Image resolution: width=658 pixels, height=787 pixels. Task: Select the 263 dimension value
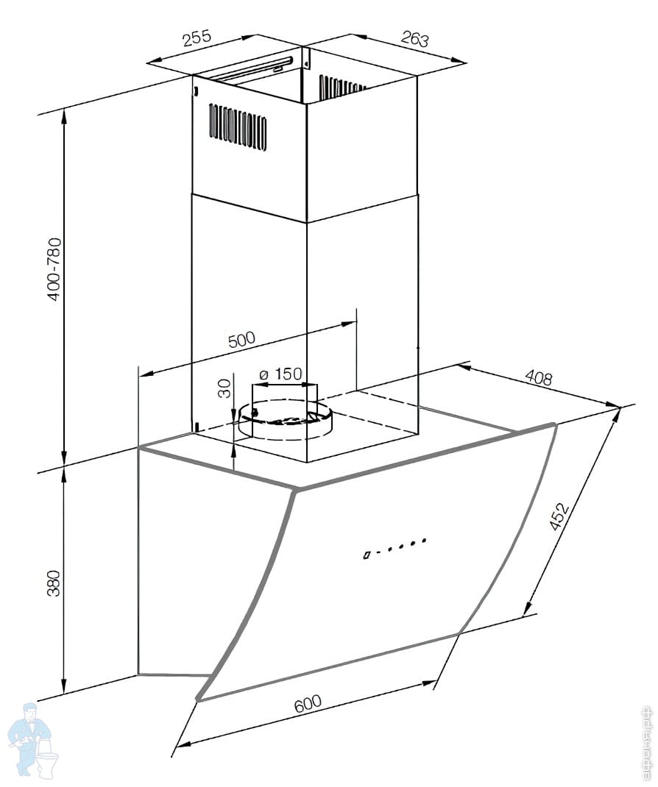415,38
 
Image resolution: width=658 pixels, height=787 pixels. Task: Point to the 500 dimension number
241,341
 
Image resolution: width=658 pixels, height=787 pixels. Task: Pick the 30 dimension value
225,388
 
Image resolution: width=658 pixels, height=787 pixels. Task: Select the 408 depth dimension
538,378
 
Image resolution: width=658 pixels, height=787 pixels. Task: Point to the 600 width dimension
308,704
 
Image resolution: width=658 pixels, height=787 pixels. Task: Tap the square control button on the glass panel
367,555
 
